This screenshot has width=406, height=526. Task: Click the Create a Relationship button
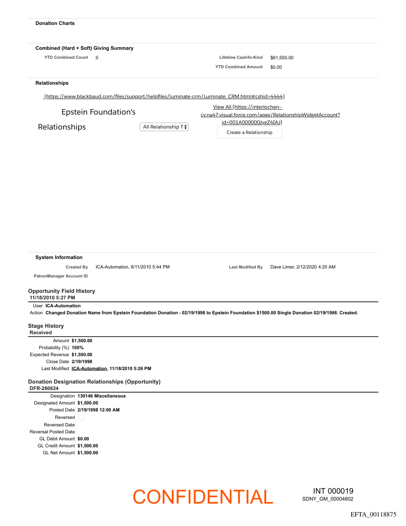(x=249, y=132)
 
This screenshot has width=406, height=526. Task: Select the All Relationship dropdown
(x=164, y=127)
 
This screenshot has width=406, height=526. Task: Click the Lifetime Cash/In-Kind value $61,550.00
(x=282, y=58)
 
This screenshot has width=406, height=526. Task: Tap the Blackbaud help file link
(x=164, y=96)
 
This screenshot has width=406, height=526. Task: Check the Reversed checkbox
(x=82, y=417)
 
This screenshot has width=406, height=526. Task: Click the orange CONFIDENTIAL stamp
(x=203, y=497)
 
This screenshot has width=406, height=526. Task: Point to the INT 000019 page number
(x=333, y=491)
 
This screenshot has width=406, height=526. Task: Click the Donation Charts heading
(x=55, y=23)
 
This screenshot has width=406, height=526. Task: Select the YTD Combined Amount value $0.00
(x=276, y=67)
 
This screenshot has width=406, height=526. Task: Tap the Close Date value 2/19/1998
(x=82, y=362)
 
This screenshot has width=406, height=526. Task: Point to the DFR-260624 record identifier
(x=44, y=388)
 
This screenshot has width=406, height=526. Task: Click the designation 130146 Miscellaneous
(x=101, y=396)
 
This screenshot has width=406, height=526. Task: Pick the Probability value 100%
(x=78, y=348)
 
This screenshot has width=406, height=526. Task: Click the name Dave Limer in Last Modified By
(x=282, y=267)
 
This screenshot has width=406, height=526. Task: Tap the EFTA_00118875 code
(x=373, y=514)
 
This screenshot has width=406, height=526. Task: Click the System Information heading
(x=59, y=258)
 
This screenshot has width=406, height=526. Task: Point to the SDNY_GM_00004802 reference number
(x=327, y=499)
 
